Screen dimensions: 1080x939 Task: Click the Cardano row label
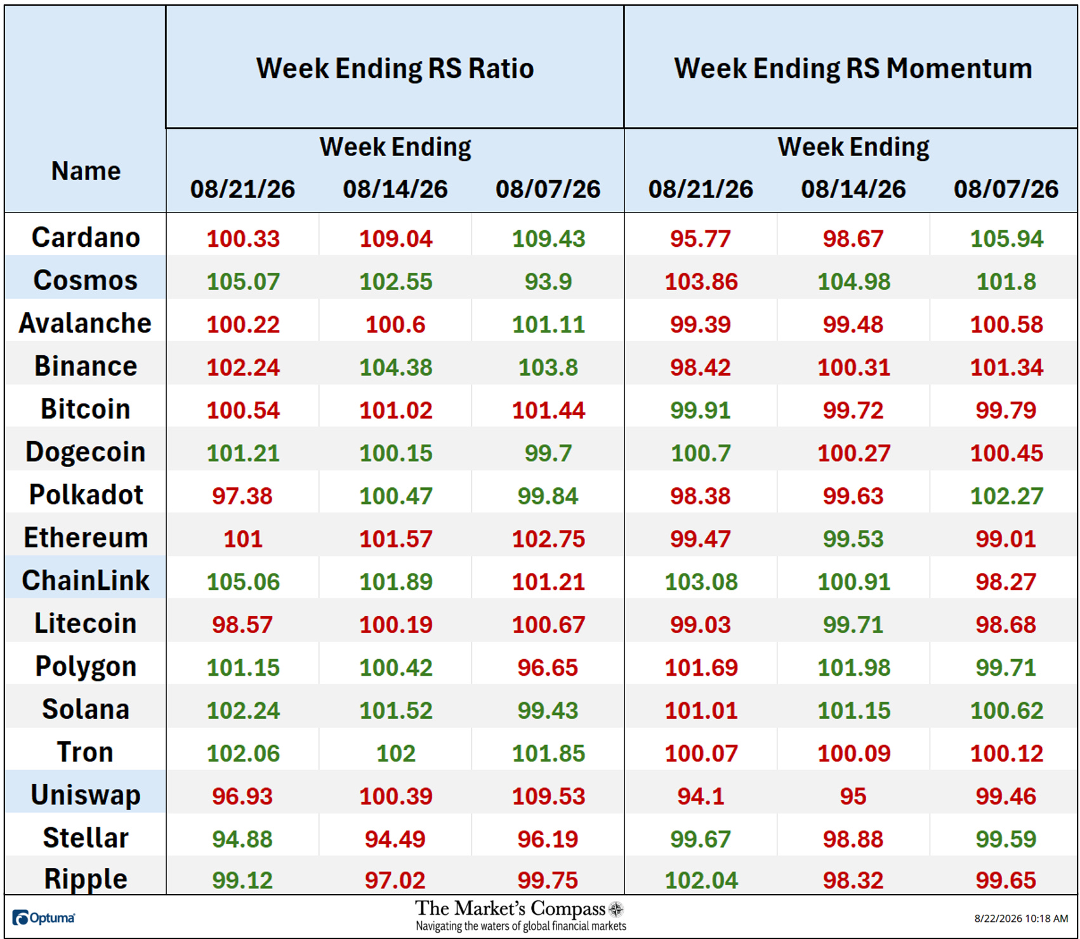(x=86, y=237)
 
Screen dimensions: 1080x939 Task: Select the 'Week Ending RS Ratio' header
(x=395, y=69)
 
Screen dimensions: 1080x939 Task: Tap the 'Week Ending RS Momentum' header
(x=853, y=69)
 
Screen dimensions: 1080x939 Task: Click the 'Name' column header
(x=86, y=171)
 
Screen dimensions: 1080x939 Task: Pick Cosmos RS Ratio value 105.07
(x=243, y=281)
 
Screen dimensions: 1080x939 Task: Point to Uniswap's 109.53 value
(x=548, y=796)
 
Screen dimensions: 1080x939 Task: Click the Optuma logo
(x=43, y=917)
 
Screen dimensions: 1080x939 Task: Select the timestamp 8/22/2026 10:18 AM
(x=1021, y=918)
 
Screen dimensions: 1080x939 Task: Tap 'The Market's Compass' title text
(x=510, y=908)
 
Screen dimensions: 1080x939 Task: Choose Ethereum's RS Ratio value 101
(x=243, y=539)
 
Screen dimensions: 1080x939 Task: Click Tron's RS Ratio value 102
(x=396, y=753)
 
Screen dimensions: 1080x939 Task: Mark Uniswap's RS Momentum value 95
(x=853, y=796)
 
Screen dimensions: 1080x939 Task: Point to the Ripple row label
(x=86, y=879)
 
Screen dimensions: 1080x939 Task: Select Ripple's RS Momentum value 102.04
(x=701, y=880)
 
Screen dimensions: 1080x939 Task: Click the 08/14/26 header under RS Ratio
(x=395, y=189)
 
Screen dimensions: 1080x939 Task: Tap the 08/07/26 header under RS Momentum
(x=1006, y=189)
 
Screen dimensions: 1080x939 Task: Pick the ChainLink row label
(x=86, y=580)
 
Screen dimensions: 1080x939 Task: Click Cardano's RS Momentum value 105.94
(x=1006, y=239)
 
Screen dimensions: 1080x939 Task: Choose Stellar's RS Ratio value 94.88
(x=242, y=839)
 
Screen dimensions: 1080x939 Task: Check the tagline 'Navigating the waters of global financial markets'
(x=521, y=926)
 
